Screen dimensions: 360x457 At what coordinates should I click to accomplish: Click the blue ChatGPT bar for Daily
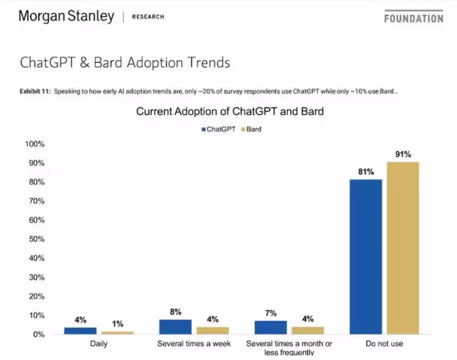click(80, 331)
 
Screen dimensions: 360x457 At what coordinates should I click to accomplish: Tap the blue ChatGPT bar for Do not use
click(366, 257)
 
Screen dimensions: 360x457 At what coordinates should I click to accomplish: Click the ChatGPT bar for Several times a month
click(270, 328)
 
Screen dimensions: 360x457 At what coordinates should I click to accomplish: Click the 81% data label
click(366, 172)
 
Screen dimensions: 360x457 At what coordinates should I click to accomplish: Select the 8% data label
click(176, 312)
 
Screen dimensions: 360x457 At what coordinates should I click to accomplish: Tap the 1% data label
click(117, 324)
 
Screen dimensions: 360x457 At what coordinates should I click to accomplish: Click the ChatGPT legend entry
click(218, 129)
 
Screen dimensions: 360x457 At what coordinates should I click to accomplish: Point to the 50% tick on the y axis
click(35, 239)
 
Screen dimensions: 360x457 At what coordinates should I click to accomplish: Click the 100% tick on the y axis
click(34, 144)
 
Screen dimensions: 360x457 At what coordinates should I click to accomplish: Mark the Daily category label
click(99, 343)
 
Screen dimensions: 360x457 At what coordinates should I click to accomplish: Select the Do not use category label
click(384, 343)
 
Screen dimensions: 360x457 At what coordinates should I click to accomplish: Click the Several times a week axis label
click(195, 343)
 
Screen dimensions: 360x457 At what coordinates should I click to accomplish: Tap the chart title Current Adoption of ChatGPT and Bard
click(230, 112)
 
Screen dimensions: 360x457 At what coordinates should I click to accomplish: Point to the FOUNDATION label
click(413, 18)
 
